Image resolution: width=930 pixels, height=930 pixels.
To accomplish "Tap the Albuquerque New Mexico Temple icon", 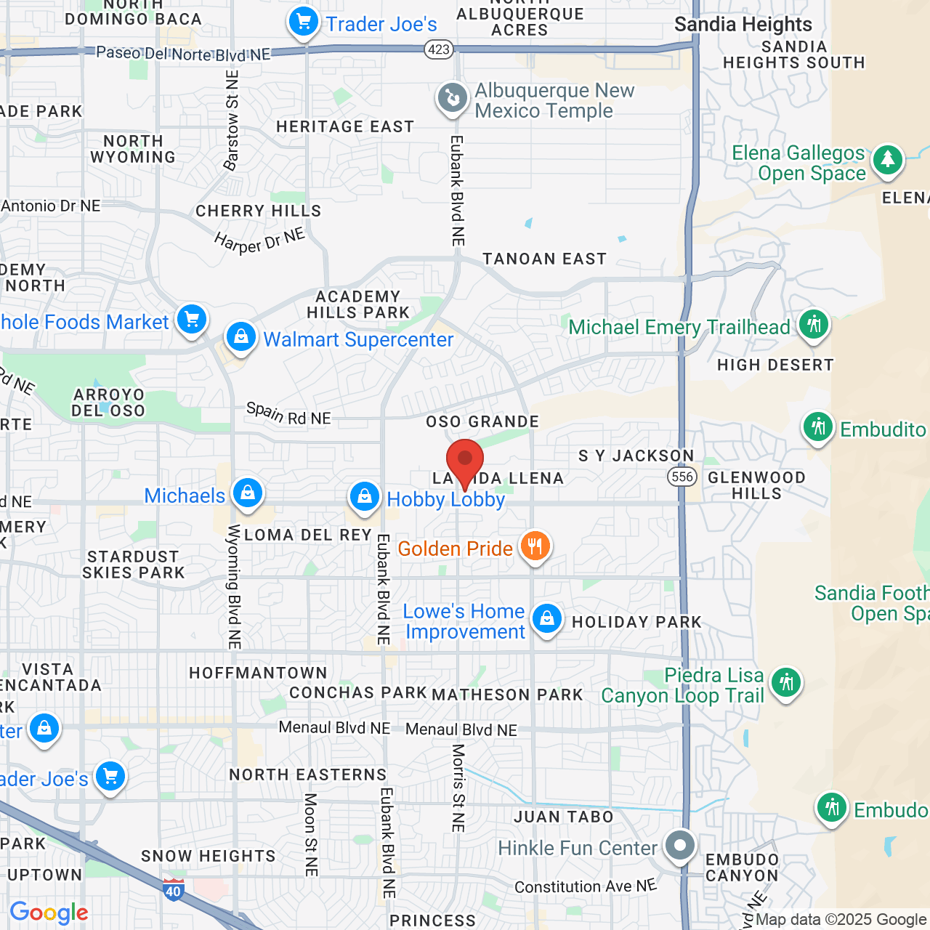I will click(x=452, y=98).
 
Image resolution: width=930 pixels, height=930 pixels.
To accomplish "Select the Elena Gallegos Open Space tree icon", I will click(x=887, y=160).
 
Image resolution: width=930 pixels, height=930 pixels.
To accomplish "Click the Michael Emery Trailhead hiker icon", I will click(x=814, y=324).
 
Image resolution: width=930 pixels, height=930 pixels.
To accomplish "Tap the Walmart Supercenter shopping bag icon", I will click(x=240, y=337).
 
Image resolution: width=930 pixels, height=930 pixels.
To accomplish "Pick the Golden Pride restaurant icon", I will click(x=535, y=546).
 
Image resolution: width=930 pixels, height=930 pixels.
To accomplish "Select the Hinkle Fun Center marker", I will click(x=680, y=846).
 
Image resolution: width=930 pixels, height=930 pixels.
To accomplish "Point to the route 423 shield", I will click(x=439, y=49).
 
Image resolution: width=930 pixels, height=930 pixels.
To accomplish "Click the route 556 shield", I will click(x=682, y=477).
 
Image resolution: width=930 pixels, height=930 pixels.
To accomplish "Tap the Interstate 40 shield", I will click(x=173, y=889).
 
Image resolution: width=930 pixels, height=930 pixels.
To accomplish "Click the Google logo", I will click(x=49, y=913).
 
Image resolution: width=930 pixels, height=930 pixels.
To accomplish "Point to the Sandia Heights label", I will click(x=743, y=25).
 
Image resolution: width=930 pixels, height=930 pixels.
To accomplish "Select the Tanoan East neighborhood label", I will click(x=544, y=259).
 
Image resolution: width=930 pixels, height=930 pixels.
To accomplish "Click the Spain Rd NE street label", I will click(x=288, y=414).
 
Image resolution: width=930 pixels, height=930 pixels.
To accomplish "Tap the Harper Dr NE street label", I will click(x=259, y=240).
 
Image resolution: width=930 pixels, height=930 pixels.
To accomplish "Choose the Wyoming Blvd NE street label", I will click(x=234, y=586).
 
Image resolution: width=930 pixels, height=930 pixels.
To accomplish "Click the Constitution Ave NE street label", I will click(x=586, y=886).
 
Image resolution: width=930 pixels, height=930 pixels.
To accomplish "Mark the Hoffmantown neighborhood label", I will click(x=258, y=674).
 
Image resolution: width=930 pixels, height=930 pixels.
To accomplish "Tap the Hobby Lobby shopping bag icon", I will click(x=364, y=497).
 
